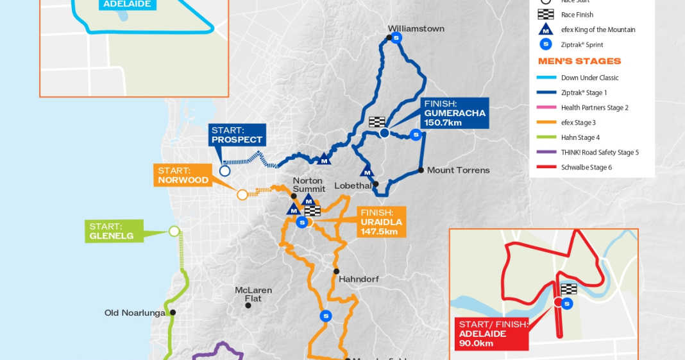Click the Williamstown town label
(416, 29)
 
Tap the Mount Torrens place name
(458, 170)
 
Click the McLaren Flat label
(253, 295)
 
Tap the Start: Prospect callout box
(237, 135)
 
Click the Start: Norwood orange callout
(183, 175)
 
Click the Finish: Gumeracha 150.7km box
(454, 113)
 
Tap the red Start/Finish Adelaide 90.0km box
(492, 334)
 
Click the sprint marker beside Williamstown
(397, 39)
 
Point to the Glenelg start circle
(174, 231)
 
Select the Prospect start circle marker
(224, 171)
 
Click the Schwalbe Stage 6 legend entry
(586, 167)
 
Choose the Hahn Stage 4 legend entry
(580, 137)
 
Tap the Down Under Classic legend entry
(589, 78)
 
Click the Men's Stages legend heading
(579, 62)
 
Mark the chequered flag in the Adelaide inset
(569, 289)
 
